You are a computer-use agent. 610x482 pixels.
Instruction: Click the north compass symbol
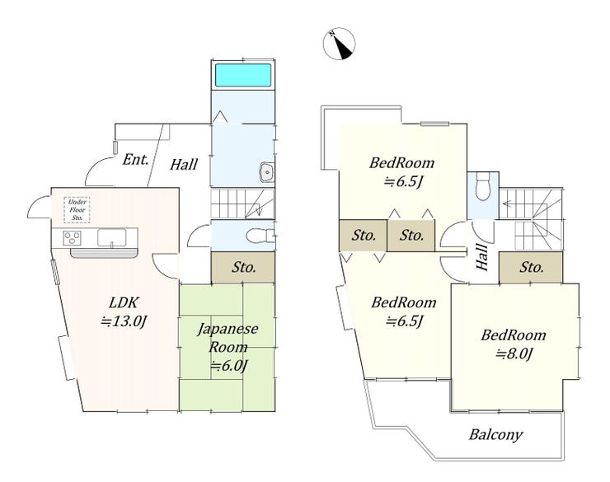(x=340, y=44)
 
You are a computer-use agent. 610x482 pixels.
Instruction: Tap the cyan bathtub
(x=243, y=75)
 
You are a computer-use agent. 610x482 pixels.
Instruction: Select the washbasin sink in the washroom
(x=268, y=172)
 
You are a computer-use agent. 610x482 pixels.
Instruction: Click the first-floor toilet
(x=260, y=235)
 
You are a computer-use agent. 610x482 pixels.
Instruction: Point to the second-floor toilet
(x=483, y=186)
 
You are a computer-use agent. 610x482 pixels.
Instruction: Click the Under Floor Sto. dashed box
(x=77, y=210)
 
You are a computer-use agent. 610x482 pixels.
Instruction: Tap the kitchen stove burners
(x=73, y=237)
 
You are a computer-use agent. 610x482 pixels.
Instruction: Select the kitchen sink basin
(x=111, y=237)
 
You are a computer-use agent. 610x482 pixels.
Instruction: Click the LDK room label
(x=124, y=302)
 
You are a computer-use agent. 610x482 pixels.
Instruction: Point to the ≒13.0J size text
(x=124, y=321)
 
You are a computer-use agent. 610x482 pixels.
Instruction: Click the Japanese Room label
(x=228, y=338)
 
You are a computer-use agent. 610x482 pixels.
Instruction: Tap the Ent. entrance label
(x=135, y=159)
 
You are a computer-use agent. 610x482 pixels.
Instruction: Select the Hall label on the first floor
(x=184, y=165)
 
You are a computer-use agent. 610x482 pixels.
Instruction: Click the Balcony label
(x=495, y=434)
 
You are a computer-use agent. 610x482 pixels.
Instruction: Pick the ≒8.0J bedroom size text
(x=514, y=353)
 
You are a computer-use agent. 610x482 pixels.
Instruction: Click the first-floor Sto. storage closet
(x=243, y=267)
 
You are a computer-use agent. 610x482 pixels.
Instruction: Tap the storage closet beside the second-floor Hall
(x=531, y=268)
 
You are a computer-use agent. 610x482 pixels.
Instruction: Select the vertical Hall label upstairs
(x=482, y=257)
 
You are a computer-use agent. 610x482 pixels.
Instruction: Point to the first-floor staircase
(x=242, y=204)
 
